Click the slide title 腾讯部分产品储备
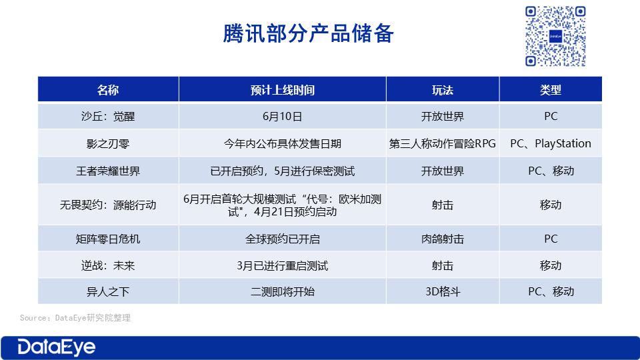tap(308, 33)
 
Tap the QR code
tap(555, 36)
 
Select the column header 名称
tap(108, 90)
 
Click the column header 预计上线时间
tap(283, 90)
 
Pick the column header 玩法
tap(443, 90)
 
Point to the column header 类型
tap(551, 90)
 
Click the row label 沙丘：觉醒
tap(108, 116)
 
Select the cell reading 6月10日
tap(283, 116)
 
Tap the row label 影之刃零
tap(108, 144)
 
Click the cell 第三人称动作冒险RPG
tap(443, 144)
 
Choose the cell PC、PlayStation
tap(551, 144)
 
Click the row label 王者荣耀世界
tap(108, 171)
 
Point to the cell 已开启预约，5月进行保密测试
tap(283, 171)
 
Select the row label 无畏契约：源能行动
tap(108, 205)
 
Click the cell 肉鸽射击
tap(443, 239)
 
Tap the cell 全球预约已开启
tap(283, 239)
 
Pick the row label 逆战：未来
tap(108, 266)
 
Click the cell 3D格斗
tap(443, 291)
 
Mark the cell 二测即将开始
tap(283, 291)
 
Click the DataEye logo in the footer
tap(56, 348)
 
